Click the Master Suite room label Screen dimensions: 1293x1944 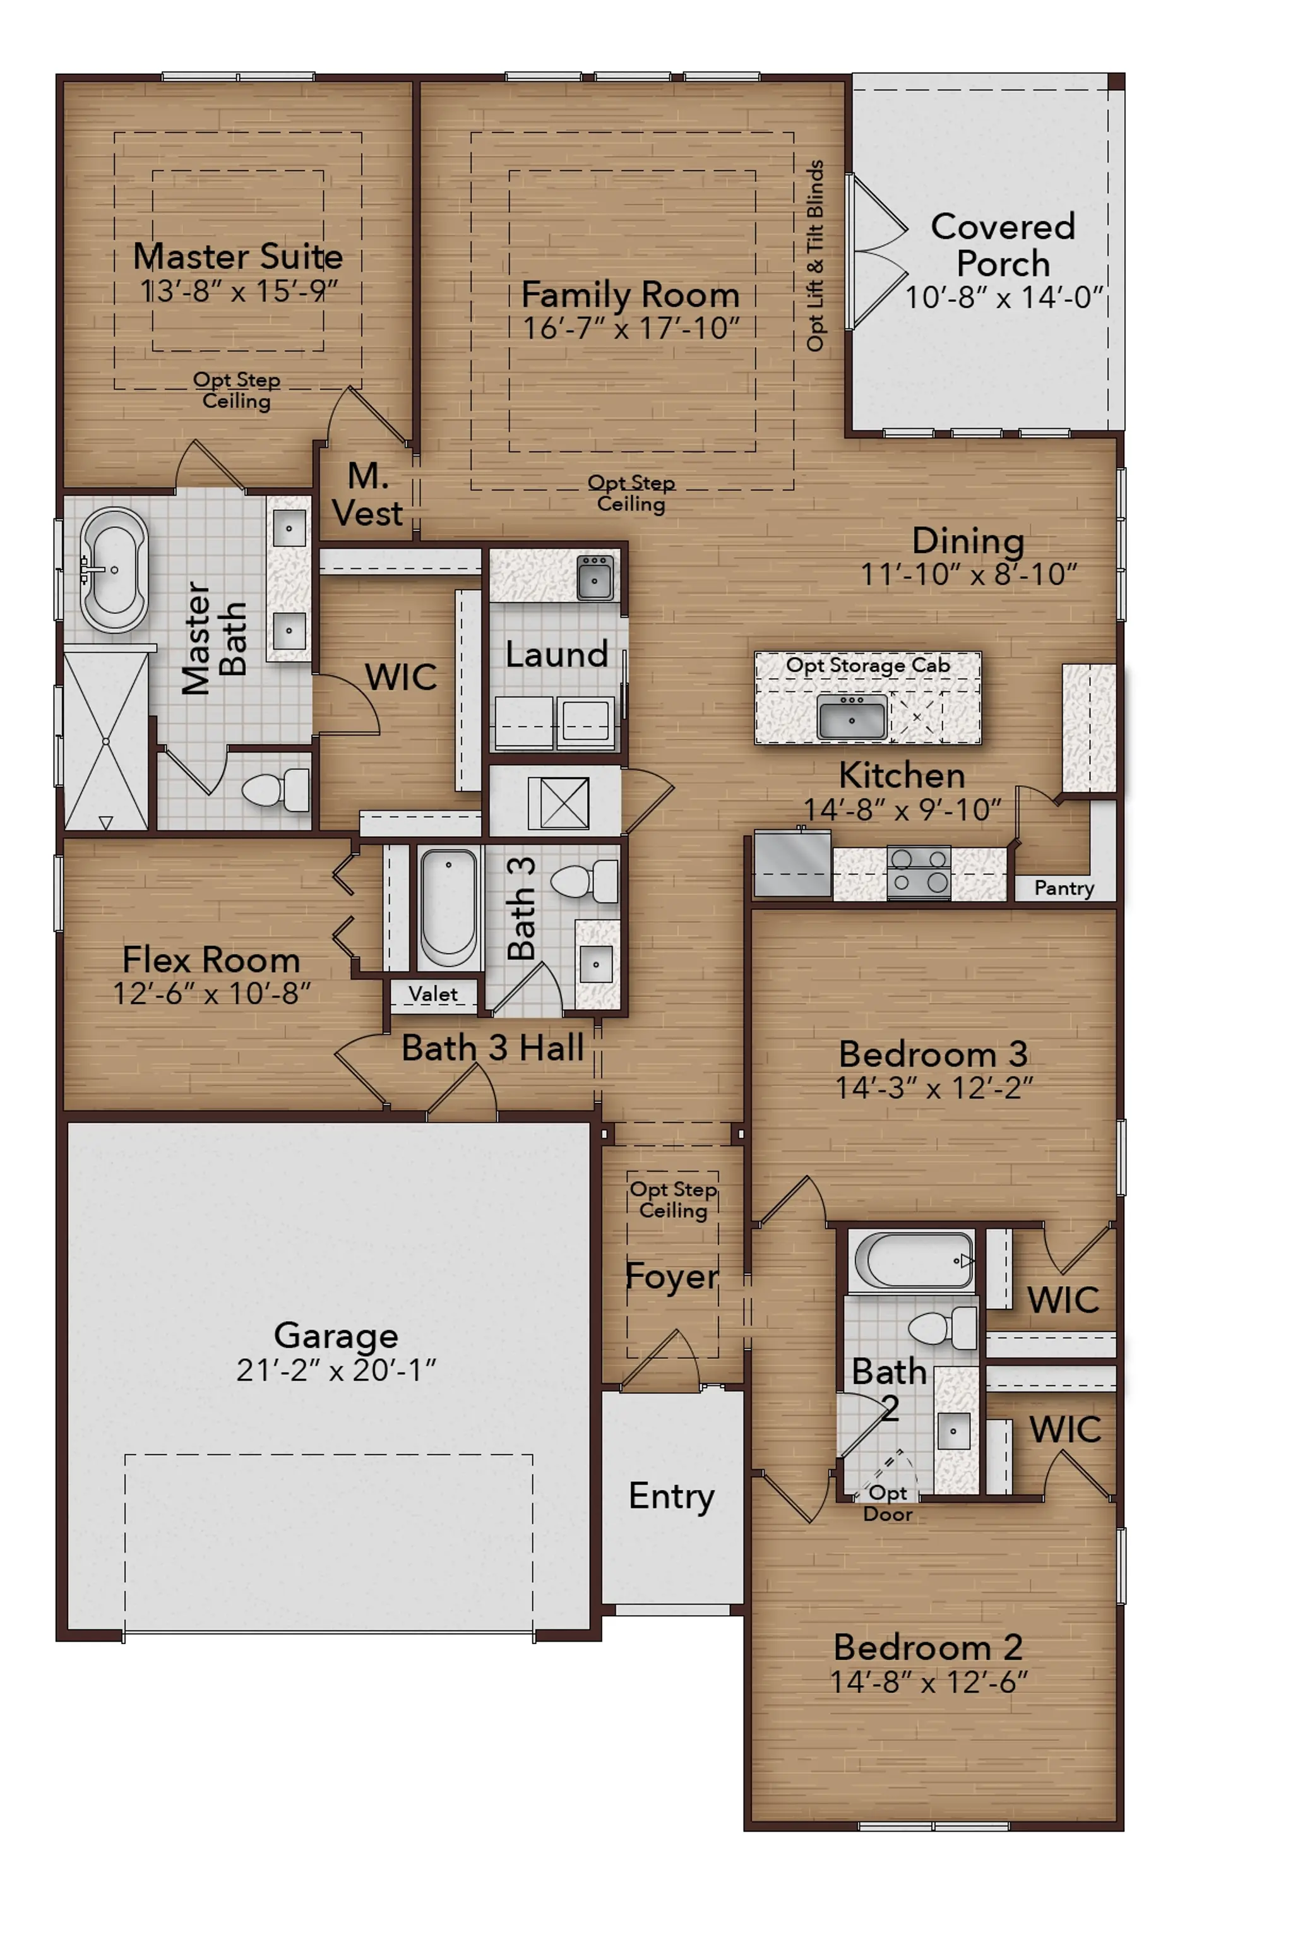pyautogui.click(x=238, y=256)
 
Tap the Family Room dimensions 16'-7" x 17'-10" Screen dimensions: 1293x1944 pyautogui.click(x=631, y=328)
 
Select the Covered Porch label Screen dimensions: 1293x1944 pyautogui.click(x=1003, y=245)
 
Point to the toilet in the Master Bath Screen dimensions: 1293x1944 pyautogui.click(x=275, y=790)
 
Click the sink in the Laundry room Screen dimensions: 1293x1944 pyautogui.click(x=595, y=577)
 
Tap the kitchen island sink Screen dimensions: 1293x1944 pyautogui.click(x=852, y=717)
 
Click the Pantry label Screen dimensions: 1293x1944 pyautogui.click(x=1064, y=888)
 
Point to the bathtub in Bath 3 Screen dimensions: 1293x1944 pyautogui.click(x=449, y=908)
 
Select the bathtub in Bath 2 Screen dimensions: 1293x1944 pyautogui.click(x=913, y=1260)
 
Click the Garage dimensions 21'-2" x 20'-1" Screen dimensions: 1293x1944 pyautogui.click(x=336, y=1370)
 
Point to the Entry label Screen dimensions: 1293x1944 pyautogui.click(x=671, y=1496)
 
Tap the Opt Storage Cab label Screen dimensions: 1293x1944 pyautogui.click(x=867, y=665)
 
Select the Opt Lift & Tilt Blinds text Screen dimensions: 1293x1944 pyautogui.click(x=814, y=256)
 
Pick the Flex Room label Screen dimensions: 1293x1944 pyautogui.click(x=211, y=960)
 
